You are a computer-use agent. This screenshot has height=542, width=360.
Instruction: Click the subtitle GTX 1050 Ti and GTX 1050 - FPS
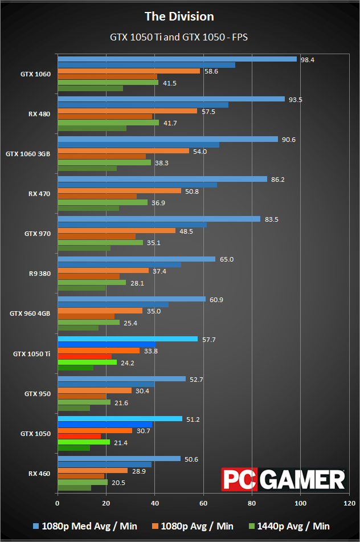(179, 37)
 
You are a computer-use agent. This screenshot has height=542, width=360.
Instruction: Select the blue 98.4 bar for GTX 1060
(177, 59)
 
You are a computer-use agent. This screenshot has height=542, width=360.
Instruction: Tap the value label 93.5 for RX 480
(295, 99)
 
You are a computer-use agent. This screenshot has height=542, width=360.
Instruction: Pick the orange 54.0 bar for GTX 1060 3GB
(123, 151)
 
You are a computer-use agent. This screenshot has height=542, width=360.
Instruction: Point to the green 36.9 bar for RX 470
(103, 202)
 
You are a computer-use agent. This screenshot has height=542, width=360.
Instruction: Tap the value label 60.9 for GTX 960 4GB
(216, 299)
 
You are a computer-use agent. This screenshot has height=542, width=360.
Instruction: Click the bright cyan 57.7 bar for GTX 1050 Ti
(128, 339)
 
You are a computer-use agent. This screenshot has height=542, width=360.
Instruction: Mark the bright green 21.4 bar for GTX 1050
(83, 442)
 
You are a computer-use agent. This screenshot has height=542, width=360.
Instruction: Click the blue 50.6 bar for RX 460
(118, 459)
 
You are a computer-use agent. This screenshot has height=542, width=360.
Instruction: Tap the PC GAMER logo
(284, 479)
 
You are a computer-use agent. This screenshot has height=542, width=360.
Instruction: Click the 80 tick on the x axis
(252, 503)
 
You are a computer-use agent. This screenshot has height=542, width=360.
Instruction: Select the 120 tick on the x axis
(348, 503)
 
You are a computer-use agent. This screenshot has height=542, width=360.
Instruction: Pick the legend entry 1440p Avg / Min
(293, 526)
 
